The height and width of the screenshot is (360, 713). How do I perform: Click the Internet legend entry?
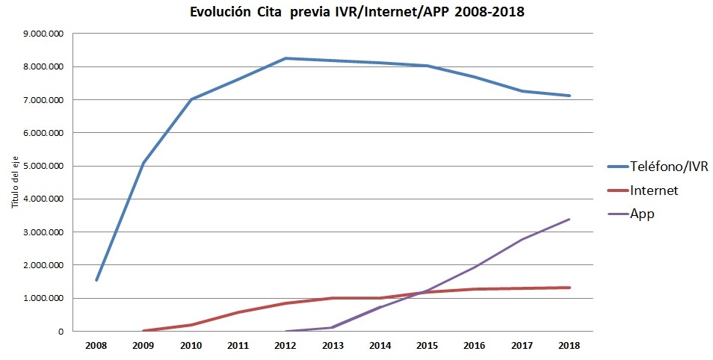653,190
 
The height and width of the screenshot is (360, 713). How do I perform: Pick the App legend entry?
642,214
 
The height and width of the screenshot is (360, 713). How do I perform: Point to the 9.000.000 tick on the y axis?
43,34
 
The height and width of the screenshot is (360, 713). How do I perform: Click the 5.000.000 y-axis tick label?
43,166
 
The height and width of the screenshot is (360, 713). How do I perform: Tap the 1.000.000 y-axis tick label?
43,298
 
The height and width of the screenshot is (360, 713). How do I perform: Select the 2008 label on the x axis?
96,346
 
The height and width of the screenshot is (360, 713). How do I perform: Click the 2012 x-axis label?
285,346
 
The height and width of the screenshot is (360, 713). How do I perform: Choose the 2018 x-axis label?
570,346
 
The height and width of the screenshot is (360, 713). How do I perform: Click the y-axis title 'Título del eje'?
13,182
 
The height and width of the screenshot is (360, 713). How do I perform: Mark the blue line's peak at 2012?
285,58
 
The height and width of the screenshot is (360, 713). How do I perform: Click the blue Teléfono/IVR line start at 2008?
96,280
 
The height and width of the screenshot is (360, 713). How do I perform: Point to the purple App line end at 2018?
570,220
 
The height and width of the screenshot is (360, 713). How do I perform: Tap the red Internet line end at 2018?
570,288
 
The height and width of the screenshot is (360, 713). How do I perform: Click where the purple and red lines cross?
423,292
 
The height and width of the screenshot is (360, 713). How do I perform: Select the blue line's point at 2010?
191,99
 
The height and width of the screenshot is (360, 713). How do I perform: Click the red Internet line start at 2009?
143,330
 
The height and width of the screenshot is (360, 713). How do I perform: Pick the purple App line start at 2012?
285,331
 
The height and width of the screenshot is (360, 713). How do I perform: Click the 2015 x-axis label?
428,346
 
